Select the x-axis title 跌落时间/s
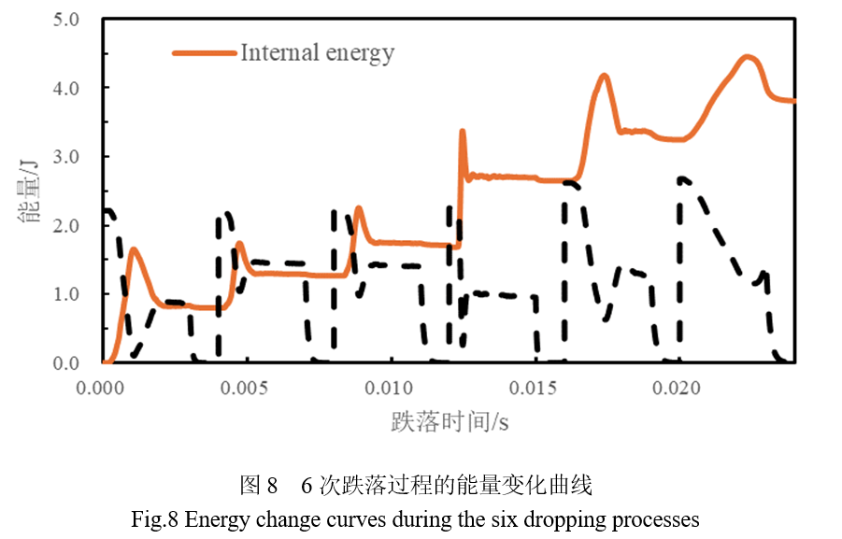450,422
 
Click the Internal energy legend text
317,52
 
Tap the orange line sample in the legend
204,53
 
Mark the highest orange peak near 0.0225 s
747,57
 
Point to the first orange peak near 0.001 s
134,249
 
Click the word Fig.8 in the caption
159,518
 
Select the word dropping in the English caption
562,518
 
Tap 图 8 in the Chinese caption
259,486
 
